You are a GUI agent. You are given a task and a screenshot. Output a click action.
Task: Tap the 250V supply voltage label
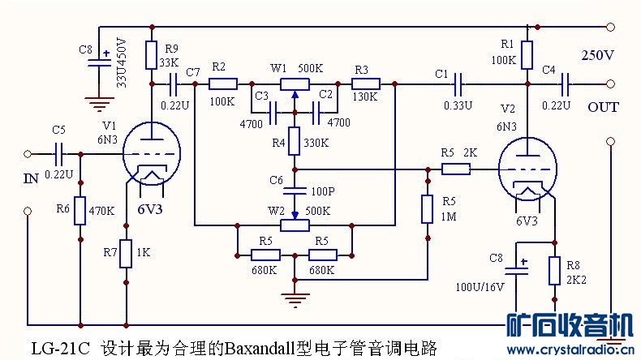pos(598,55)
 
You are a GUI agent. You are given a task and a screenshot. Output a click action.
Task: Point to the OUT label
pos(603,107)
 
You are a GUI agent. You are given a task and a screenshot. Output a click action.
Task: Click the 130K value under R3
pos(366,96)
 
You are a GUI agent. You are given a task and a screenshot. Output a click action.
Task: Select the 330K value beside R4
pos(316,144)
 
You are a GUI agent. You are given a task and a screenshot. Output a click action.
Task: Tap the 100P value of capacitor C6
pos(323,193)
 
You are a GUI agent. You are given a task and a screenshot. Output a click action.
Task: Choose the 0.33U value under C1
pos(458,105)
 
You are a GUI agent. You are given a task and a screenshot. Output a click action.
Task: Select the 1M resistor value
pos(449,217)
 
